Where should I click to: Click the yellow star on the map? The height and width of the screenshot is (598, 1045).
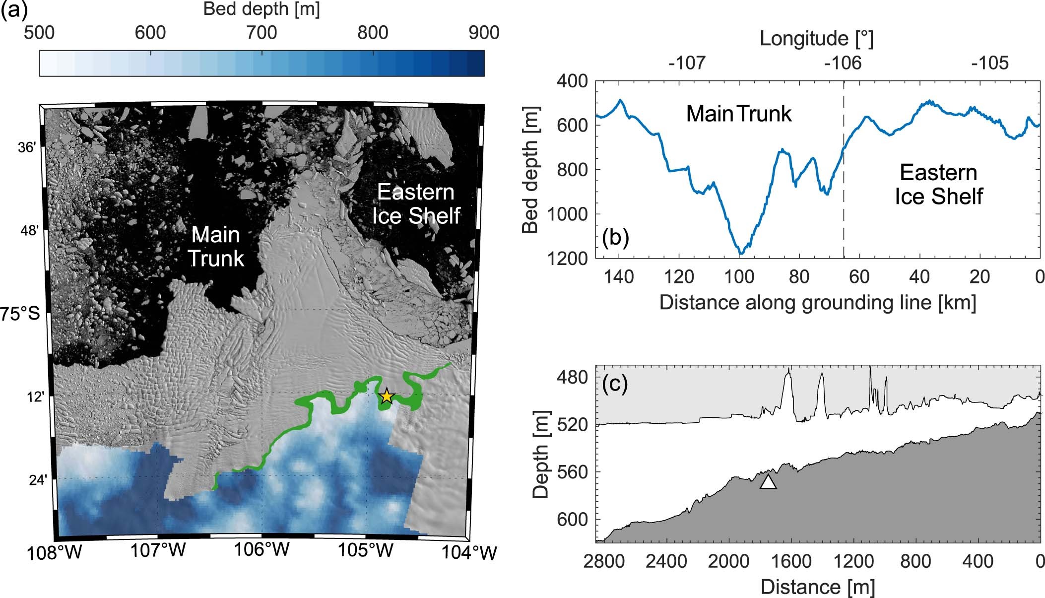coord(387,397)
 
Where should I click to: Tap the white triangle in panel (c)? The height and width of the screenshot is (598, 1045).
coord(768,482)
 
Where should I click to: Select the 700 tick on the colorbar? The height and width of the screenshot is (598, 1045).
coord(261,33)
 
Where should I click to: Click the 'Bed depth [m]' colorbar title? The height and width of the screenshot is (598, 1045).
coord(261,9)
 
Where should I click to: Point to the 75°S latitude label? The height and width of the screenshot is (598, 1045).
coord(20,314)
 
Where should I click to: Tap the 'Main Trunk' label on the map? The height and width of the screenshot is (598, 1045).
coord(216,246)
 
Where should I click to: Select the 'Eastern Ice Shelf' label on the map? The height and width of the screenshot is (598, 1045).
coord(416,204)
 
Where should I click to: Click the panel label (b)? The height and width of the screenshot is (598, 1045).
coord(615,237)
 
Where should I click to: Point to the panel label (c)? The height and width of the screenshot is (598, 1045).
coord(615,384)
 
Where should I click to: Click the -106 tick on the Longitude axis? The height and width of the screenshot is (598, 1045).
coord(843,63)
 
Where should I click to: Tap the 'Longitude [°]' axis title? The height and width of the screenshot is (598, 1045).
coord(816,38)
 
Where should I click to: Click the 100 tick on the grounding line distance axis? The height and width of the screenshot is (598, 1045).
coord(739,276)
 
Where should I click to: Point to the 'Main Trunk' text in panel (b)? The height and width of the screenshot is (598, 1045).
coord(738,114)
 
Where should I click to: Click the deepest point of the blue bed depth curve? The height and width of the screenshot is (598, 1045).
coord(741,254)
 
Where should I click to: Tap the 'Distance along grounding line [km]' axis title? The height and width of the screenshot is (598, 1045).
coord(817,302)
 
